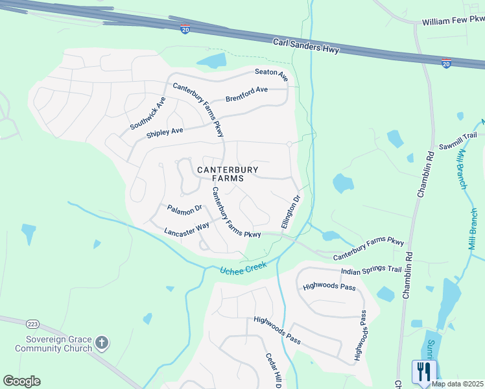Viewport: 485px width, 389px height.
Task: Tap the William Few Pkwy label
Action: (x=453, y=21)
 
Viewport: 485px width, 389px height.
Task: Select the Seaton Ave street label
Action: (x=271, y=74)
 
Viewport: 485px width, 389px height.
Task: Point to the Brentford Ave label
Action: (x=246, y=94)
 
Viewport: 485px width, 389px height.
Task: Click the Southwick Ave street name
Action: (x=148, y=113)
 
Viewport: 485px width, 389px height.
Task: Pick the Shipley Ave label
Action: (x=165, y=132)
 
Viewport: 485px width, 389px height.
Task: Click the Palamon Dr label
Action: (x=185, y=209)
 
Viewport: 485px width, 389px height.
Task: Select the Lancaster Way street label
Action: (x=187, y=228)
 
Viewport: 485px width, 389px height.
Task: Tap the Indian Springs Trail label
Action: (x=372, y=268)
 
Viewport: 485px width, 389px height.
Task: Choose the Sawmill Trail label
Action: (x=458, y=139)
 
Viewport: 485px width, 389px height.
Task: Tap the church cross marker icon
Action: (x=101, y=343)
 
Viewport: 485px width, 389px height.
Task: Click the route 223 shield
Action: (x=32, y=323)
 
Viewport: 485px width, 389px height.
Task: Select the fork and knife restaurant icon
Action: (x=423, y=371)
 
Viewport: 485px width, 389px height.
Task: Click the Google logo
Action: (x=21, y=381)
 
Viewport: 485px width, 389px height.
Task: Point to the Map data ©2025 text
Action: (x=456, y=384)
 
